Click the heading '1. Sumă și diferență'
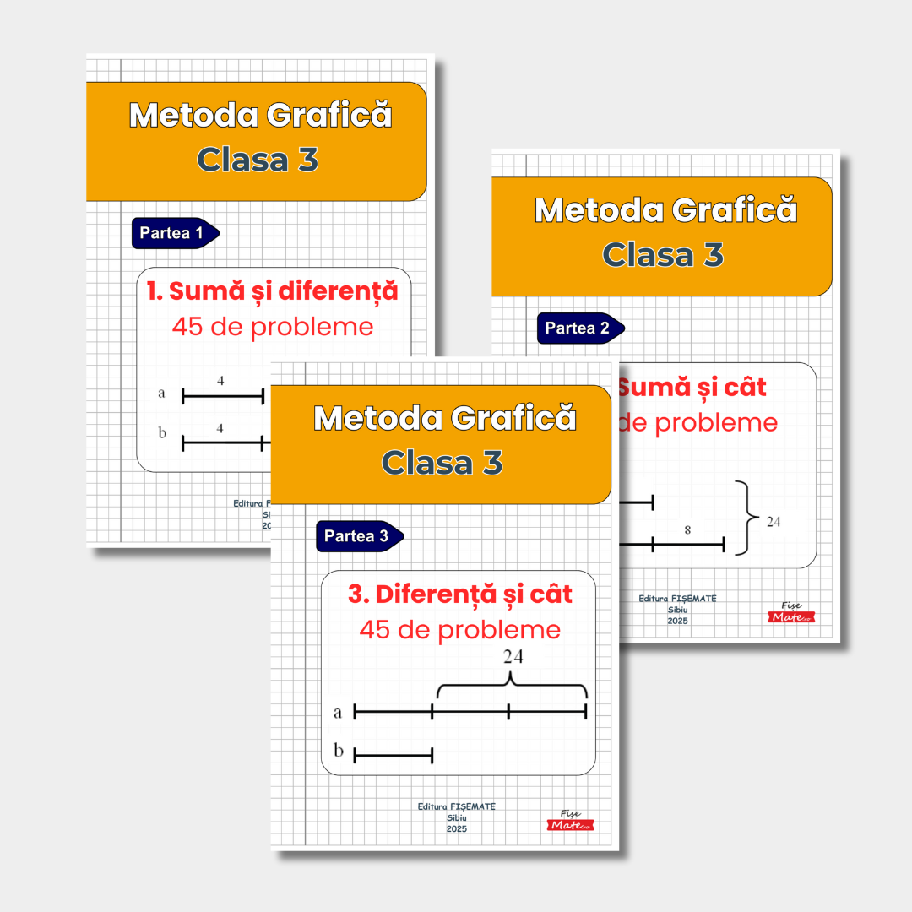click(272, 291)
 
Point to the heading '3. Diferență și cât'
click(460, 594)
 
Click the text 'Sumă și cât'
click(692, 387)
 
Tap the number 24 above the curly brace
click(513, 656)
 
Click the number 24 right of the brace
click(774, 521)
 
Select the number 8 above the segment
click(687, 530)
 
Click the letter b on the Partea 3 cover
click(338, 751)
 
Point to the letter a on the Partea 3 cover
click(338, 712)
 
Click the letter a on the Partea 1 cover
click(161, 393)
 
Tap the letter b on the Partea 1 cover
click(162, 433)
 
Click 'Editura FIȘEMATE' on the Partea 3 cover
click(457, 806)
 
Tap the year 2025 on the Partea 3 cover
click(457, 828)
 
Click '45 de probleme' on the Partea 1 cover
click(272, 326)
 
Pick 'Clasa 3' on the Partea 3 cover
click(442, 462)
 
